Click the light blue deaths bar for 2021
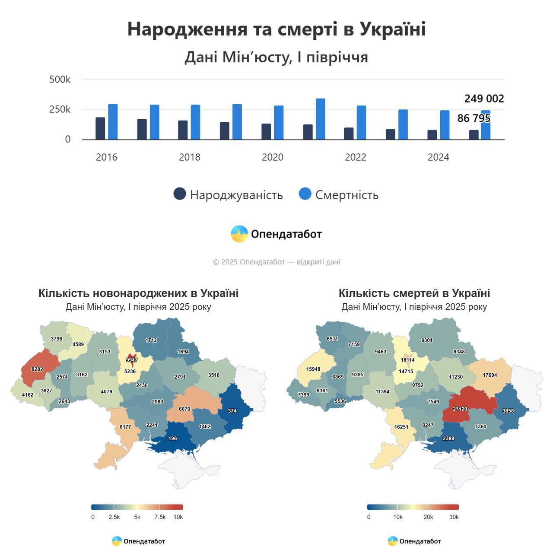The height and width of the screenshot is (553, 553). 320,119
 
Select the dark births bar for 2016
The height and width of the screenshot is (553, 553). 100,129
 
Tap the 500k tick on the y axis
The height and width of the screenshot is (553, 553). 60,79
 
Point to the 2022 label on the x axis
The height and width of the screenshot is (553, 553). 355,157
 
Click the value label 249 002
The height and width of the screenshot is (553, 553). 484,99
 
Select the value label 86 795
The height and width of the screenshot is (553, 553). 474,118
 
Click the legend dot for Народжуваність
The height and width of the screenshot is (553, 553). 180,194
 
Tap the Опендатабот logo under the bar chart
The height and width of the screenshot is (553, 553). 276,234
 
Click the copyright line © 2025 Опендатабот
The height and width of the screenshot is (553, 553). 276,262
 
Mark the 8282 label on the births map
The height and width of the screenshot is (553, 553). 37,369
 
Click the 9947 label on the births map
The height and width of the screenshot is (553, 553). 132,360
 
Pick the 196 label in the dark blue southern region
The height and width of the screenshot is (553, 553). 172,439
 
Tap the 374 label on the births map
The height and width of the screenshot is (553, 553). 232,411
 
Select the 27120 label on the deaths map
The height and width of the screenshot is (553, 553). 460,409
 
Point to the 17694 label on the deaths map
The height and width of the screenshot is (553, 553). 490,375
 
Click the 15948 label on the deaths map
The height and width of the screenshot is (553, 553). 313,369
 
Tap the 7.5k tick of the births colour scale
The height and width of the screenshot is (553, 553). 160,517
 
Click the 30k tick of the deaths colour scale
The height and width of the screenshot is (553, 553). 454,517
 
